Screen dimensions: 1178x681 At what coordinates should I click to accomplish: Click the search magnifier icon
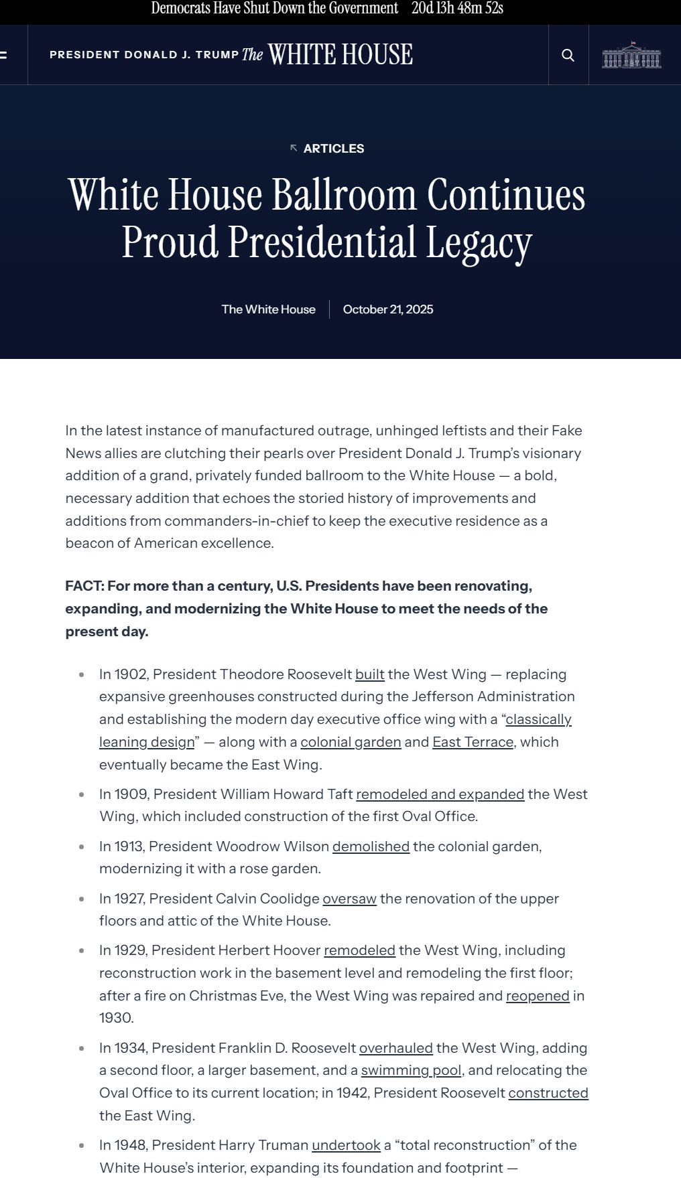[x=568, y=55]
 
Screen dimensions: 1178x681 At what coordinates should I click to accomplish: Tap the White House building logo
[x=631, y=55]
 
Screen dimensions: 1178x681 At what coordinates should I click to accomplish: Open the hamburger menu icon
[x=3, y=55]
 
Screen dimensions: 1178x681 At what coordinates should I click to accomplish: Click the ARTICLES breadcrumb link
[x=333, y=149]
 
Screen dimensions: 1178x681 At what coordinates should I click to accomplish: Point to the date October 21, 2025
[x=388, y=309]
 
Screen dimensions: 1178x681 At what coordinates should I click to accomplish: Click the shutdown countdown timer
[x=457, y=9]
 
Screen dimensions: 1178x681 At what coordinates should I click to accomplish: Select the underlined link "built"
[x=370, y=674]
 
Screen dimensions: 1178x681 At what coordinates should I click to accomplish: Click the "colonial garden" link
[x=351, y=742]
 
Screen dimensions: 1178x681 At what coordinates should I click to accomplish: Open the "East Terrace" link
[x=473, y=742]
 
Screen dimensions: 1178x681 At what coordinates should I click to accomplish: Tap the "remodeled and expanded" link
[x=440, y=794]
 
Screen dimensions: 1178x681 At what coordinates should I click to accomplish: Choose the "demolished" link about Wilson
[x=371, y=846]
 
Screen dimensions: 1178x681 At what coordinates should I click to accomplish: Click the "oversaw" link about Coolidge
[x=349, y=899]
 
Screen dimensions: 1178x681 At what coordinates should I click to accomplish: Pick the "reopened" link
[x=538, y=996]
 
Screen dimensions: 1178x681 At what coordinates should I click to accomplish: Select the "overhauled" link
[x=396, y=1048]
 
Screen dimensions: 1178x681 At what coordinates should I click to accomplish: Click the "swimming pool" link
[x=411, y=1070]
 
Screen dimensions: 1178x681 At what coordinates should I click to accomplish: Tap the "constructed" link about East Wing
[x=548, y=1093]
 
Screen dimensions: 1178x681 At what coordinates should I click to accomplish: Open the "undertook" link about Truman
[x=346, y=1145]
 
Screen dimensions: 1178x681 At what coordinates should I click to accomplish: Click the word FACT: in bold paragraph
[x=84, y=586]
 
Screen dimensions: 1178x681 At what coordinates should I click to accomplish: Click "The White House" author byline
[x=268, y=309]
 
